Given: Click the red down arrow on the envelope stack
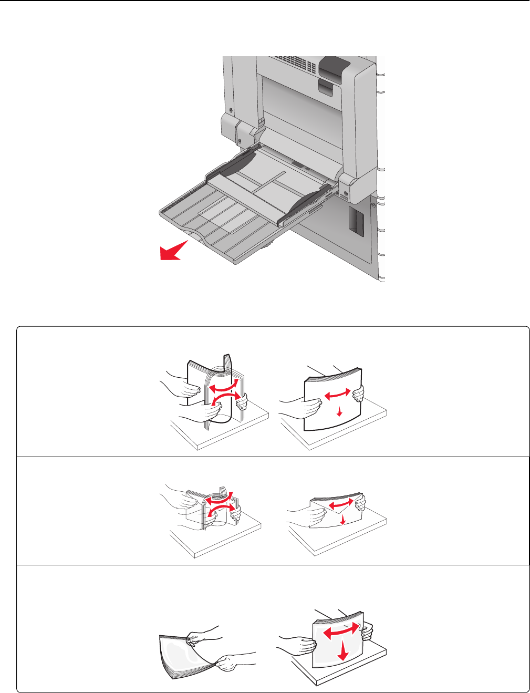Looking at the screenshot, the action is coord(342,520).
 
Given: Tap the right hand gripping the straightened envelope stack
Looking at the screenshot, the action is coord(360,503).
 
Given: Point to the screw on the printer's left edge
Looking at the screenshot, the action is coord(231,109).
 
